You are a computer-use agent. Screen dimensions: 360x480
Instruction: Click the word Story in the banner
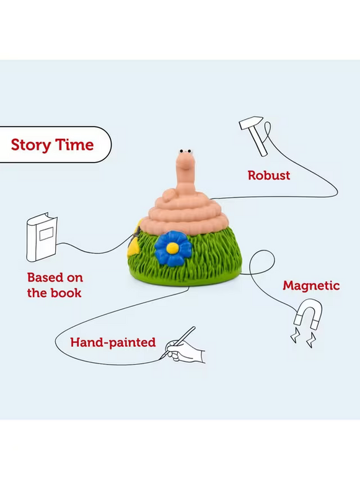30,145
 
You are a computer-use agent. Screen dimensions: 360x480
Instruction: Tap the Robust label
269,176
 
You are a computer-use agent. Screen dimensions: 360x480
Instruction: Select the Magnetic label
311,286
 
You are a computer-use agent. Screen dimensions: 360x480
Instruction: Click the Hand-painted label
113,342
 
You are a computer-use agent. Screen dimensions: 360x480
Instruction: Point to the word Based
43,278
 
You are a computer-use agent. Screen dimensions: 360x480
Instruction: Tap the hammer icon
253,135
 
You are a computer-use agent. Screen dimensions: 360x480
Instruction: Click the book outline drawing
42,237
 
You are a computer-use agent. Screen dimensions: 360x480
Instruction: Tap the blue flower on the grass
173,248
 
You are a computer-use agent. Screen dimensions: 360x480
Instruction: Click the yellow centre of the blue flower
172,248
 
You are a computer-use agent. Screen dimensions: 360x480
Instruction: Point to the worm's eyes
186,151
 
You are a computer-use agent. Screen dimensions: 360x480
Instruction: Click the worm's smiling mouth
185,166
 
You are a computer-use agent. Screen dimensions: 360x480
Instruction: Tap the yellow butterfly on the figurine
134,238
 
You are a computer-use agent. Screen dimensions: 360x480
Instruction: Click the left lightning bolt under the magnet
295,335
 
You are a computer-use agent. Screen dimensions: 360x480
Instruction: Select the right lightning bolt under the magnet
312,340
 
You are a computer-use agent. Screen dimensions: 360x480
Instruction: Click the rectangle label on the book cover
46,234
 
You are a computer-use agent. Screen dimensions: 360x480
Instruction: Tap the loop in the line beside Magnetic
262,262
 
